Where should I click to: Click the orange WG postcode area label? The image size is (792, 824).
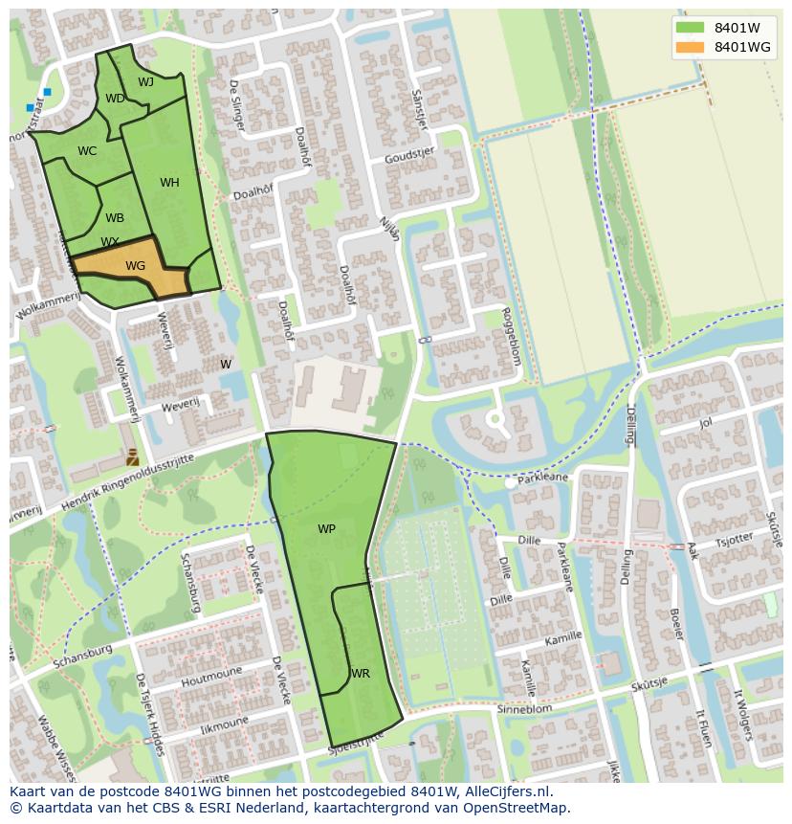(135, 266)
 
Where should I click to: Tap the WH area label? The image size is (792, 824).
(169, 183)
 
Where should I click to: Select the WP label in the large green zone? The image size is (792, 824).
(326, 529)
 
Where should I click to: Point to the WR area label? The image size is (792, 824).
(361, 674)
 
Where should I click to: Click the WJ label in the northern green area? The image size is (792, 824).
(145, 82)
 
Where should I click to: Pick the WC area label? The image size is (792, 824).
(87, 151)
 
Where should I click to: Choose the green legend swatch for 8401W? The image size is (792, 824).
(689, 28)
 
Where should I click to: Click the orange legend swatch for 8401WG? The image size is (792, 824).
(689, 47)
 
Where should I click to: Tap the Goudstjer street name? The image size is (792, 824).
(408, 156)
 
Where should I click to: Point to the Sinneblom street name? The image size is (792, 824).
(525, 709)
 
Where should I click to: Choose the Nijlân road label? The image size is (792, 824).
(388, 233)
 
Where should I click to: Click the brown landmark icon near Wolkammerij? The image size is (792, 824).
(132, 458)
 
